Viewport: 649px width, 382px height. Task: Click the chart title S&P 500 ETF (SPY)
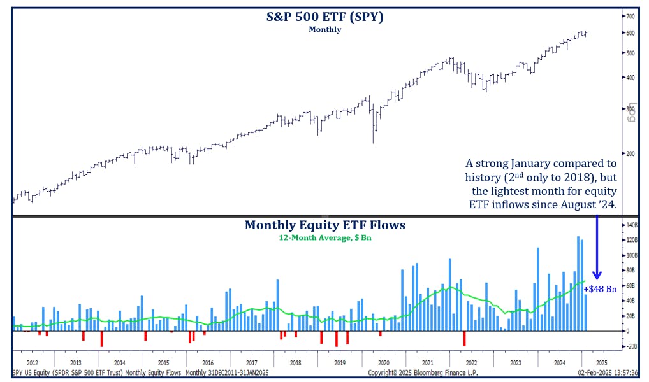(324, 17)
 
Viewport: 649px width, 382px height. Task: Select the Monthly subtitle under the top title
(324, 29)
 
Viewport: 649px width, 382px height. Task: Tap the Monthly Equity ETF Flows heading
(324, 225)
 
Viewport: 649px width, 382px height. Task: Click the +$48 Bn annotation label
(600, 289)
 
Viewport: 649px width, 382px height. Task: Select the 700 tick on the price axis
(630, 16)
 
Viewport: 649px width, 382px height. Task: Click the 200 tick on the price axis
(630, 153)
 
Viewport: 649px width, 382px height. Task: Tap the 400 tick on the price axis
(630, 78)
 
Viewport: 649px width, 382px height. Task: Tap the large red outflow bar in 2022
(465, 339)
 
